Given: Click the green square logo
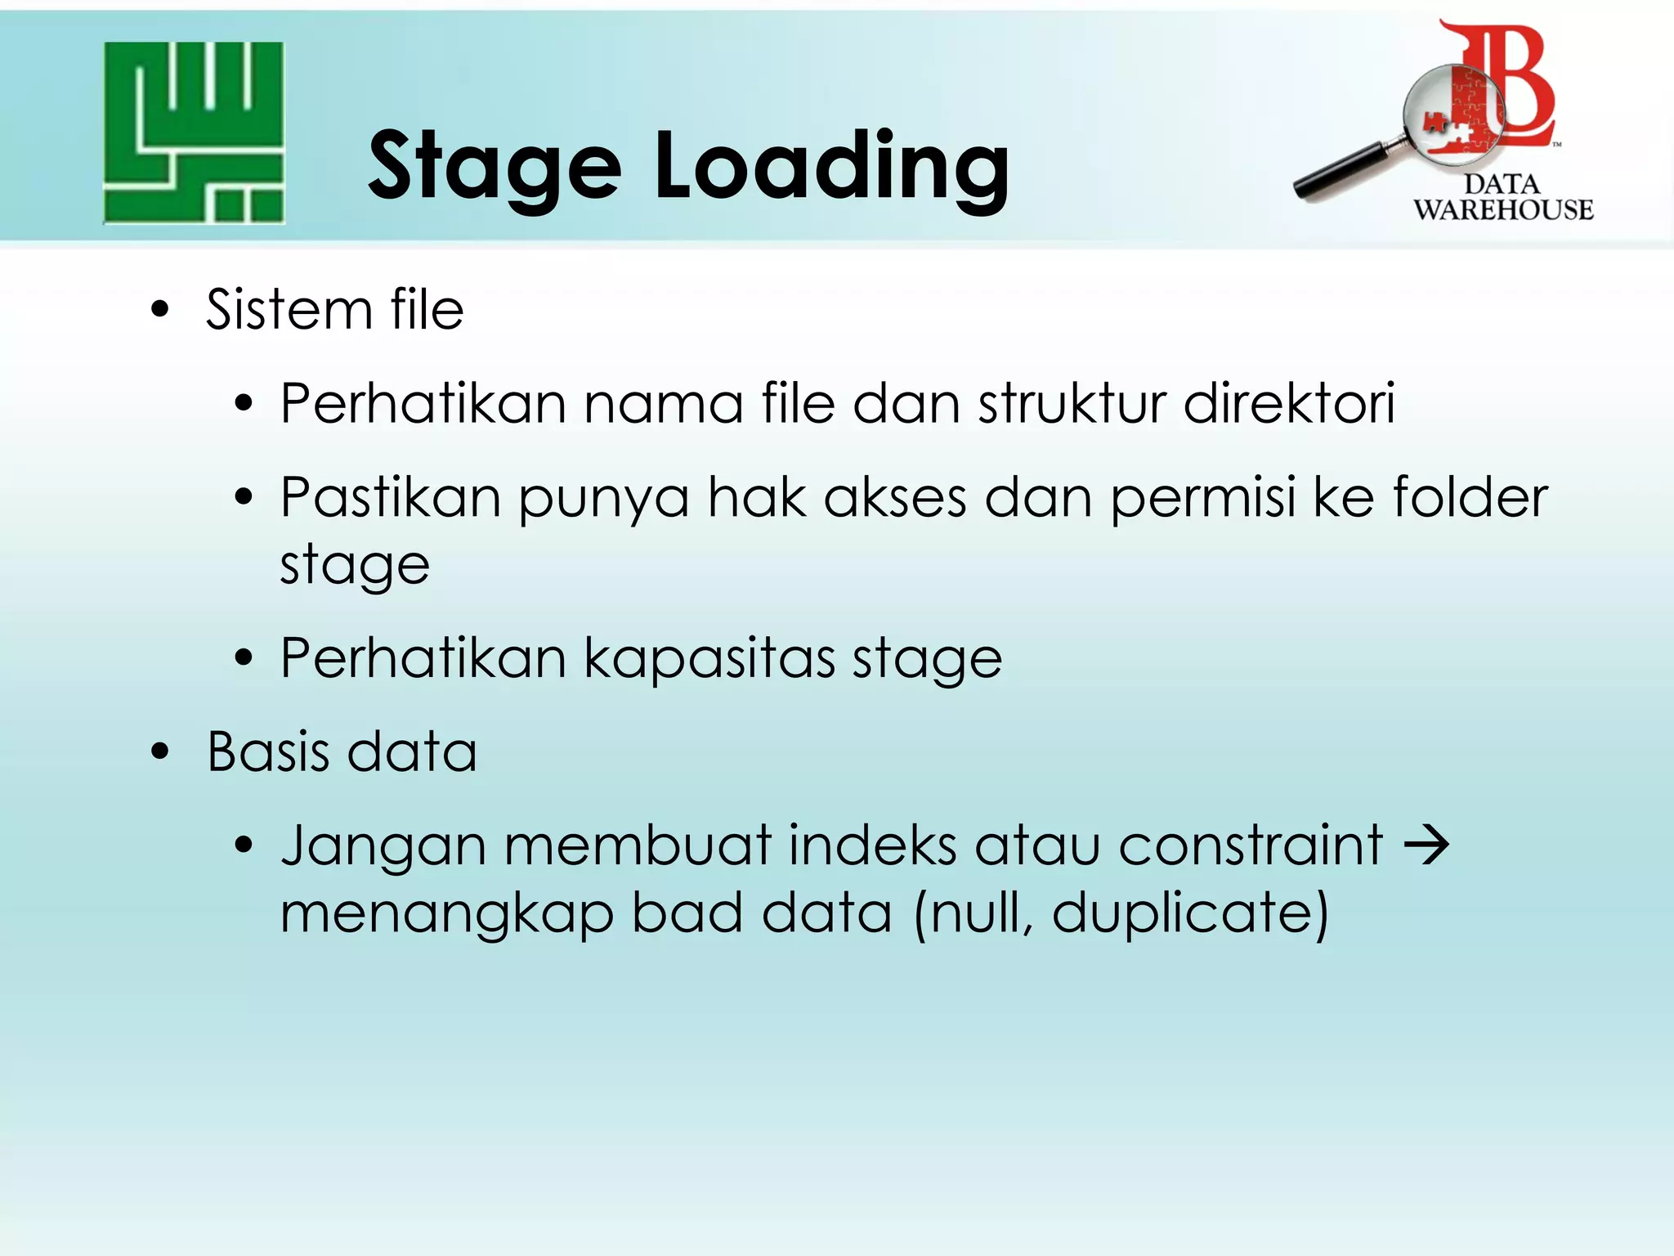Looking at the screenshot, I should [x=194, y=132].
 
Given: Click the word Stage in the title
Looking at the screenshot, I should [x=495, y=168].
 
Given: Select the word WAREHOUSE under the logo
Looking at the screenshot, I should [x=1503, y=210].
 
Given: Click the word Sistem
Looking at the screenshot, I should [x=289, y=310].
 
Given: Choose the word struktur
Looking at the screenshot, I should [x=1072, y=404].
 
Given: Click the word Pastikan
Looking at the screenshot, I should [x=390, y=497].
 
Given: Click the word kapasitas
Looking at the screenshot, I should [x=709, y=658].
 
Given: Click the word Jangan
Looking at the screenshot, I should [x=383, y=847].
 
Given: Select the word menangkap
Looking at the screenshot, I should [x=446, y=914].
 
